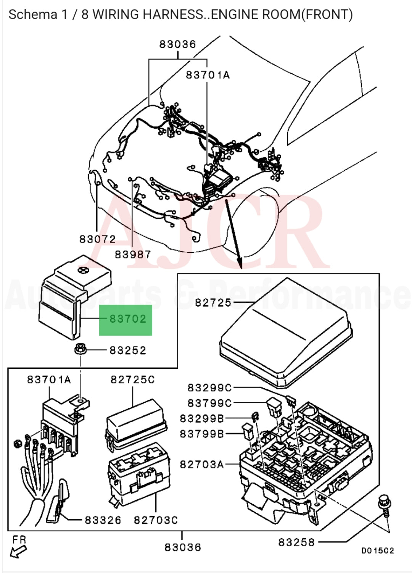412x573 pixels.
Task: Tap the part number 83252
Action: pos(128,350)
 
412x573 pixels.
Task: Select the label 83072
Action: pos(97,239)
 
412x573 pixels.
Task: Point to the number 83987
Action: pos(133,254)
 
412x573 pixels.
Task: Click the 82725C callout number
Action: pos(133,380)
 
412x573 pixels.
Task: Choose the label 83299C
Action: pos(209,388)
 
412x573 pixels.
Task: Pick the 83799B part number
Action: pos(202,434)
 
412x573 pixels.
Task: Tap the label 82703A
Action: pos(202,464)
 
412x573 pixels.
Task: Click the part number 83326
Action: pos(103,520)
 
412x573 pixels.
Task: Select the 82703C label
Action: pos(156,520)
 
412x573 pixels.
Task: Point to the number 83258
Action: pos(296,542)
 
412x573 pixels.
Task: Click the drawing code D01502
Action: pos(378,551)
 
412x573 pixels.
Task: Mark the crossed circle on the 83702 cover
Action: pos(81,270)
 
